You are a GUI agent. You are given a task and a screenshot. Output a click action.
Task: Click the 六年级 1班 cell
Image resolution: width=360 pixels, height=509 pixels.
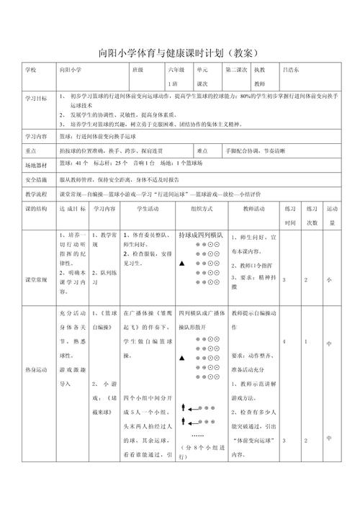point(176,76)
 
